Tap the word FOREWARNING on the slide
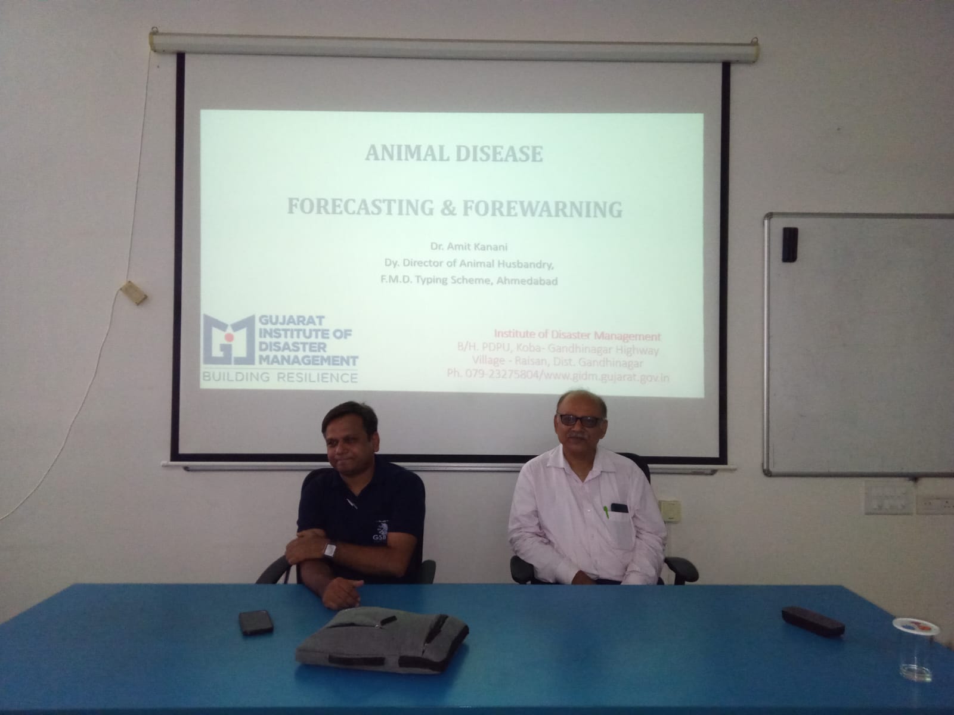tap(542, 209)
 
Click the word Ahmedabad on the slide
tap(526, 281)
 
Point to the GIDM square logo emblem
tap(228, 340)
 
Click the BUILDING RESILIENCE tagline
tap(280, 377)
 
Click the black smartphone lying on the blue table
tap(256, 622)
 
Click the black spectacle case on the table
tap(813, 621)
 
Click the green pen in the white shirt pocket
tap(606, 511)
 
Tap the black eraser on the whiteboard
tap(789, 244)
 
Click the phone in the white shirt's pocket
tap(620, 508)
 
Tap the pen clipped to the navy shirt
tap(352, 503)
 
